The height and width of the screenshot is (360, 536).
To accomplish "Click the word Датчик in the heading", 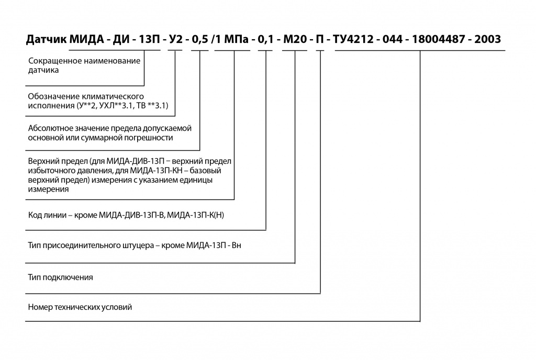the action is click(47, 39).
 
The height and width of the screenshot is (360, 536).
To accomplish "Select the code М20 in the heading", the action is click(295, 39).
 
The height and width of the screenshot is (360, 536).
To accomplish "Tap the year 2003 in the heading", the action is click(488, 39).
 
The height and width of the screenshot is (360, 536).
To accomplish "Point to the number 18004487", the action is click(438, 39).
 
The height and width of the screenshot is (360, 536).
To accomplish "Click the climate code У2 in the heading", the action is click(176, 39).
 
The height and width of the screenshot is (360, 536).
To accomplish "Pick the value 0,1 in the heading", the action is click(265, 39).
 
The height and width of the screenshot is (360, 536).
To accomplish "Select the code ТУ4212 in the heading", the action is click(353, 39).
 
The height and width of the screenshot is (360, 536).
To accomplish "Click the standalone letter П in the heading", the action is click(320, 39).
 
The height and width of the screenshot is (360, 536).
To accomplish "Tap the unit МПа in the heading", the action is click(236, 39).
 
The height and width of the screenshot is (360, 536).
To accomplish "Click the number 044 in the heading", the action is click(393, 39).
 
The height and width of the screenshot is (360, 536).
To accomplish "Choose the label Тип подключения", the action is click(61, 277).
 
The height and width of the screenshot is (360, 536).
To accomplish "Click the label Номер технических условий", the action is click(80, 307).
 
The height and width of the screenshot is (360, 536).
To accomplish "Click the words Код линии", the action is click(47, 215).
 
